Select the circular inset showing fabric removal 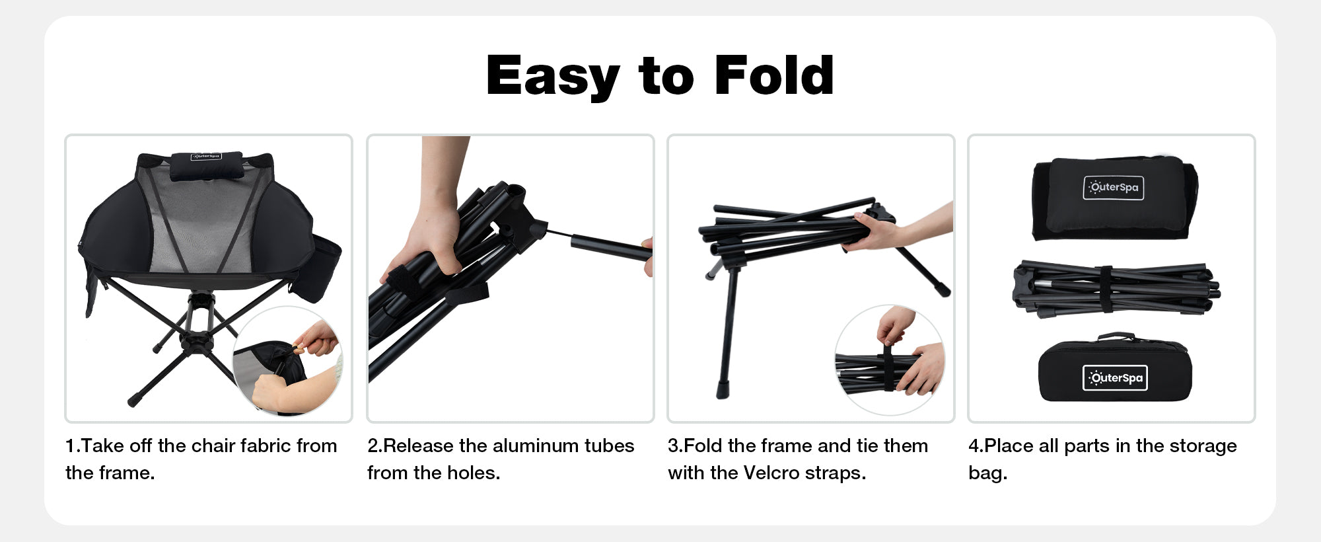click(x=288, y=361)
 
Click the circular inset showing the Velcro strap click(x=890, y=360)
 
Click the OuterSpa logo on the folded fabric click(x=1114, y=188)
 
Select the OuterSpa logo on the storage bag click(x=1115, y=378)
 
